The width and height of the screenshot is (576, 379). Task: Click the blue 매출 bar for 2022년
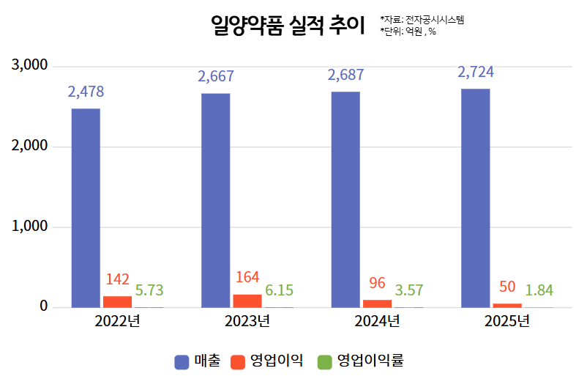[x=86, y=207]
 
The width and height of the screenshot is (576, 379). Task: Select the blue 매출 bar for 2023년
[x=215, y=200]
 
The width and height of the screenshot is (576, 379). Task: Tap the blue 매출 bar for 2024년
[x=345, y=199]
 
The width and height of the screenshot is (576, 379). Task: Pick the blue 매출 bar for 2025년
[x=476, y=198]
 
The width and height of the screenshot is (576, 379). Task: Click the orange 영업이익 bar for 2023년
[x=247, y=301]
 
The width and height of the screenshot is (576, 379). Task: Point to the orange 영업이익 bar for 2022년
[x=117, y=301]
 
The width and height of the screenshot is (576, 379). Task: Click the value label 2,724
[x=476, y=72]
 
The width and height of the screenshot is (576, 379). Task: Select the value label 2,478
[x=86, y=92]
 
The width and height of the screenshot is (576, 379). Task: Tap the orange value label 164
[x=247, y=277]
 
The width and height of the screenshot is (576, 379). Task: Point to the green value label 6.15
[x=279, y=290]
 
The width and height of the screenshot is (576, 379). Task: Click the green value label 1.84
[x=539, y=290]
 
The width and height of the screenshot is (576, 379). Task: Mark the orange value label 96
[x=378, y=282]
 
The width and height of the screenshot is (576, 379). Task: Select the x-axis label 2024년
[x=378, y=321]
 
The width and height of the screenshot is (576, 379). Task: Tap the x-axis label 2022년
[x=117, y=321]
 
